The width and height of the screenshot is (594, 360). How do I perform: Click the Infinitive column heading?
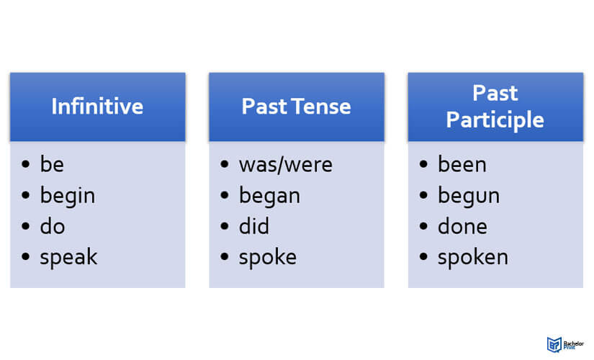click(97, 107)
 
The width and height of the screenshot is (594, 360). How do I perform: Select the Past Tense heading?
click(296, 107)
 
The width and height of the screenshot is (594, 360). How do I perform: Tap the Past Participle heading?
click(495, 107)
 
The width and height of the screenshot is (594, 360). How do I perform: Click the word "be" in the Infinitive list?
click(52, 164)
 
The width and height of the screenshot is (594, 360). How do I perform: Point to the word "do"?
click(53, 227)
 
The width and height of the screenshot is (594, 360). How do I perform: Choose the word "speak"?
click(68, 258)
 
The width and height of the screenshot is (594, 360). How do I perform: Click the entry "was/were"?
click(286, 165)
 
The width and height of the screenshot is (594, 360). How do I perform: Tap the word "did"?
click(254, 227)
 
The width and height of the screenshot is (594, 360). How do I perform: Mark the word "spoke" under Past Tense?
click(267, 258)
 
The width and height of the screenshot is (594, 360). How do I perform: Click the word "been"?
click(462, 164)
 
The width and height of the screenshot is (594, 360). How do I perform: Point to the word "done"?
click(462, 227)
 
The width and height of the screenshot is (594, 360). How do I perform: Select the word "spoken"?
click(473, 258)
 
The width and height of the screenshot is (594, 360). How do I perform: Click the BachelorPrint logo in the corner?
click(565, 344)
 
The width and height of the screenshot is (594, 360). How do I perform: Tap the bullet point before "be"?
click(26, 164)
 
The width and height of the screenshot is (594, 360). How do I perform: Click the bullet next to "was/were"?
click(225, 164)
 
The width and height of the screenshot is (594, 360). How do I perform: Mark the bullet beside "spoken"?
click(423, 256)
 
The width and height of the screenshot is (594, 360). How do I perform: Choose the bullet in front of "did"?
click(225, 226)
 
